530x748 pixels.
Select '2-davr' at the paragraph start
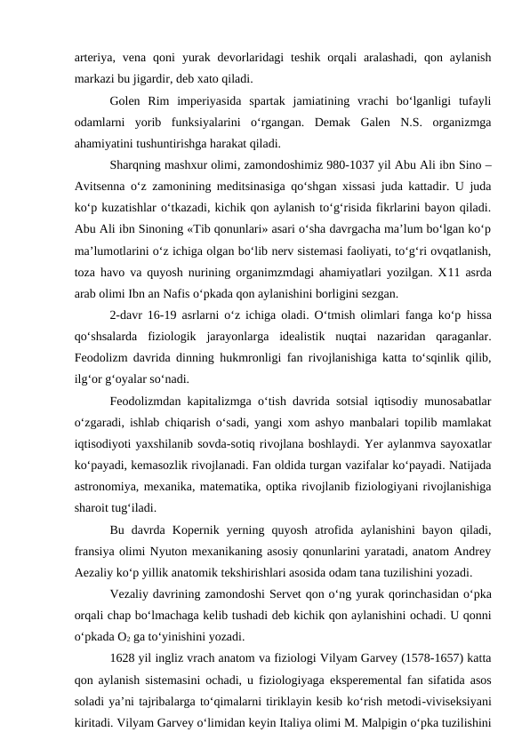click(130, 316)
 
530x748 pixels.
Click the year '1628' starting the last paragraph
click(125, 658)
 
